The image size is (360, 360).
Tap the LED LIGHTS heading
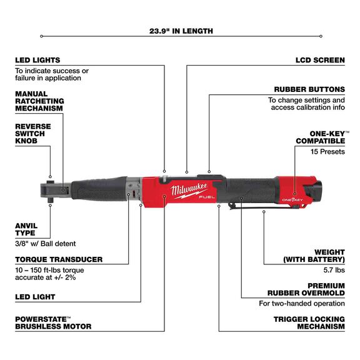(x=37, y=61)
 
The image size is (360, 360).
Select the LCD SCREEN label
(x=319, y=61)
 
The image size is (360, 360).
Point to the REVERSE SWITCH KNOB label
(x=33, y=134)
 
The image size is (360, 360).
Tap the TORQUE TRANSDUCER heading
(x=59, y=259)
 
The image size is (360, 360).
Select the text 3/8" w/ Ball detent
(x=49, y=243)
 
